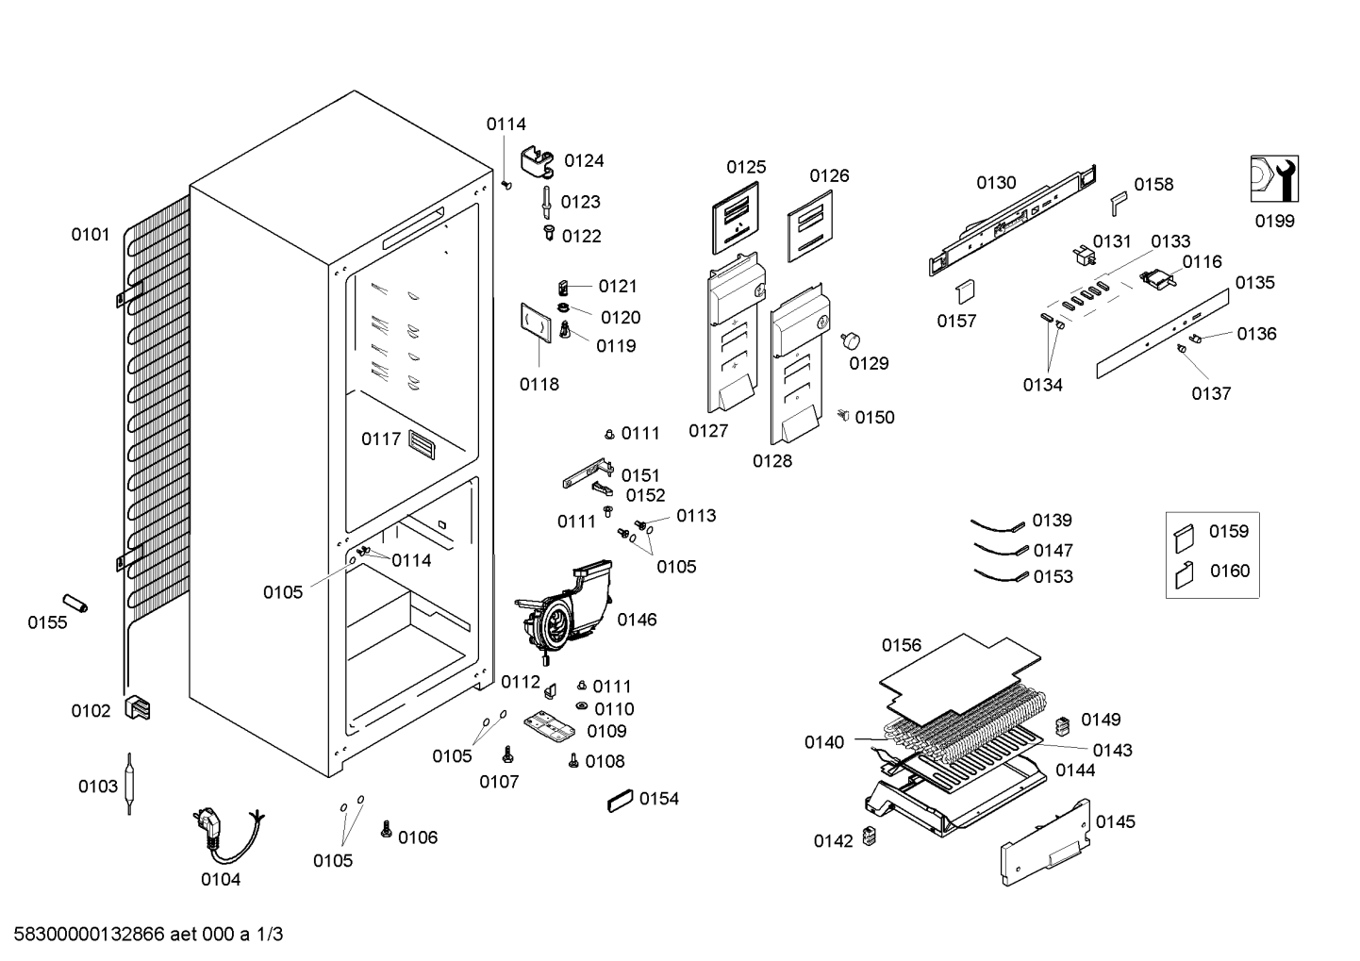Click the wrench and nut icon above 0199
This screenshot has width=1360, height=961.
[x=1274, y=178]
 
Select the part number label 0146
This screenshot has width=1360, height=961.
[x=637, y=620]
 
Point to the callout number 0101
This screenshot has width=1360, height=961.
[x=91, y=234]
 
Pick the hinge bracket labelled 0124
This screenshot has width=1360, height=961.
[x=538, y=162]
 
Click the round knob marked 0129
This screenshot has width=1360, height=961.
[x=851, y=340]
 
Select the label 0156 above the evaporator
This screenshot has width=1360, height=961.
[x=902, y=645]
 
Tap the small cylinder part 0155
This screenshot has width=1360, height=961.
[x=75, y=604]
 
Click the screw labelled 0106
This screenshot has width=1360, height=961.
[x=386, y=829]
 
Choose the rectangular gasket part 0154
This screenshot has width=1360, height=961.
[x=620, y=801]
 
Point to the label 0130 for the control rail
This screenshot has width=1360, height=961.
[x=996, y=182]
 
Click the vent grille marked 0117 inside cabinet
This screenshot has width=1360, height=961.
[x=422, y=444]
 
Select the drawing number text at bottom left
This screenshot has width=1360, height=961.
[x=149, y=934]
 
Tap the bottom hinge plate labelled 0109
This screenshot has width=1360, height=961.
[x=550, y=727]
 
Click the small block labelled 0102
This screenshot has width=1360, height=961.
[x=137, y=708]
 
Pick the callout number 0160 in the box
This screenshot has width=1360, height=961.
[x=1230, y=571]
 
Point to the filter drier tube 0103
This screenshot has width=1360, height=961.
[x=129, y=784]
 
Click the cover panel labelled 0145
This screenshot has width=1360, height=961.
[x=1046, y=842]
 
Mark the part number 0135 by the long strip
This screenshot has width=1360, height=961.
[x=1255, y=282]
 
